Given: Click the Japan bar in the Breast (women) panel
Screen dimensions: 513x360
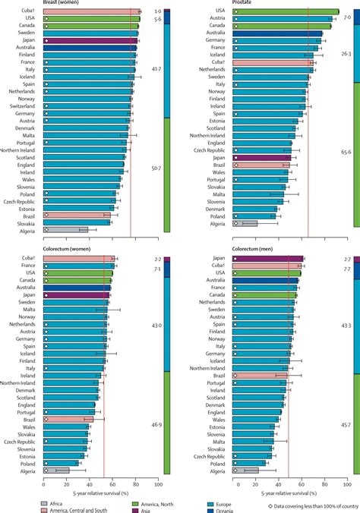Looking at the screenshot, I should (x=90, y=40).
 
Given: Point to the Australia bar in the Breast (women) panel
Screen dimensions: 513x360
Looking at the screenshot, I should (x=89, y=47).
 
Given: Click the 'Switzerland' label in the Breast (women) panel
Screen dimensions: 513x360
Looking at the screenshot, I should (x=22, y=105).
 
